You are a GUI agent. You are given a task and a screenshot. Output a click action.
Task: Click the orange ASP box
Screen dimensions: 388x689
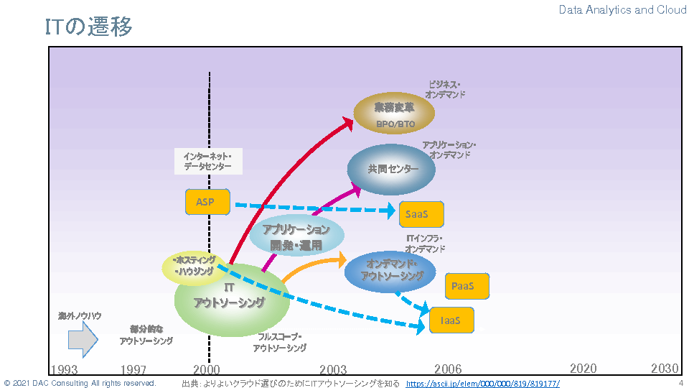(207, 202)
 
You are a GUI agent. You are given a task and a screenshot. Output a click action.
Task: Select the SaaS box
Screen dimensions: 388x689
(421, 214)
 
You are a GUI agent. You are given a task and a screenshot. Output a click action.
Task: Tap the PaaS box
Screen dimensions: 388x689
(467, 286)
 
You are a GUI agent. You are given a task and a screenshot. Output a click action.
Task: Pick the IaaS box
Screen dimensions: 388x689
(452, 320)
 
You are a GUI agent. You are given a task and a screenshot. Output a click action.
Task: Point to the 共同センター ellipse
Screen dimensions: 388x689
(392, 170)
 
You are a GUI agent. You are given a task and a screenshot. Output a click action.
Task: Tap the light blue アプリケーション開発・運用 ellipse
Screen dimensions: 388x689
(296, 236)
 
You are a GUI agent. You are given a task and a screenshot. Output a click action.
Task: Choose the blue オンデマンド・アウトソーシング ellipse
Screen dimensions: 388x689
(390, 271)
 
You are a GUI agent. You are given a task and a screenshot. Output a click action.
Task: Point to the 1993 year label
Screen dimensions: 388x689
(64, 369)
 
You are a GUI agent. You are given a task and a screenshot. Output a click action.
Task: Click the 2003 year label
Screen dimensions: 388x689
(333, 369)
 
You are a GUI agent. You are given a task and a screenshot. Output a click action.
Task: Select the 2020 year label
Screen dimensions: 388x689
(583, 369)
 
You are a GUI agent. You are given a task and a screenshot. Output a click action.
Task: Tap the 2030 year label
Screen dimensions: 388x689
(665, 369)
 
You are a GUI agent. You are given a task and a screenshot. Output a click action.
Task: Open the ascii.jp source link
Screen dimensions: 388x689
(482, 384)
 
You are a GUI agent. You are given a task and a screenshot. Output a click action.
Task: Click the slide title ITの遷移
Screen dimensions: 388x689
(88, 27)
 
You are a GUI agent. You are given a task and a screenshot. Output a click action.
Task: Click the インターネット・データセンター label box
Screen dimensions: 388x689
(208, 161)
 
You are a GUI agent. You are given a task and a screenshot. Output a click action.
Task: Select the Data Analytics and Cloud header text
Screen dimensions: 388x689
(622, 10)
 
